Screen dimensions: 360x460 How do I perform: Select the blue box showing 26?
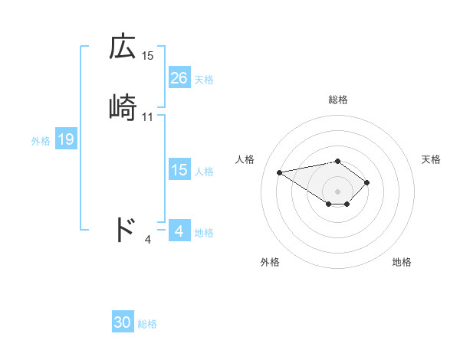179,78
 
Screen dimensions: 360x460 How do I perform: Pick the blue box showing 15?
179,170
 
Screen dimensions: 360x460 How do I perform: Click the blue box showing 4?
179,231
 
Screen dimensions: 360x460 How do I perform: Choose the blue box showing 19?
65,139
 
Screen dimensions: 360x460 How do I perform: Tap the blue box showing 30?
123,322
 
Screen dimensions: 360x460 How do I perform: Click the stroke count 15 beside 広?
148,56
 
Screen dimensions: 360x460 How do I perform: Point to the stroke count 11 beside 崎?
148,117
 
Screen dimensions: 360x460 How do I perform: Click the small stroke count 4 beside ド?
148,240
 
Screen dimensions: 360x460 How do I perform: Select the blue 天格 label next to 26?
204,79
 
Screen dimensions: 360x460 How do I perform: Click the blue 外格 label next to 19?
41,140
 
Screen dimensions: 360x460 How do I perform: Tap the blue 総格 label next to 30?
147,324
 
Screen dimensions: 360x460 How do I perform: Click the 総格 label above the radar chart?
337,100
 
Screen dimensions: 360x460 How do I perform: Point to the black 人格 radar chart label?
245,159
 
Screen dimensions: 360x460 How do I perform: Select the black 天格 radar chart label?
431,159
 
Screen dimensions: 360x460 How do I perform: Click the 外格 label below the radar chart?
270,262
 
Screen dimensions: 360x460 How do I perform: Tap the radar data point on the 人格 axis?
280,172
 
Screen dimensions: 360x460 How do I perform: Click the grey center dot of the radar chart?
337,191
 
